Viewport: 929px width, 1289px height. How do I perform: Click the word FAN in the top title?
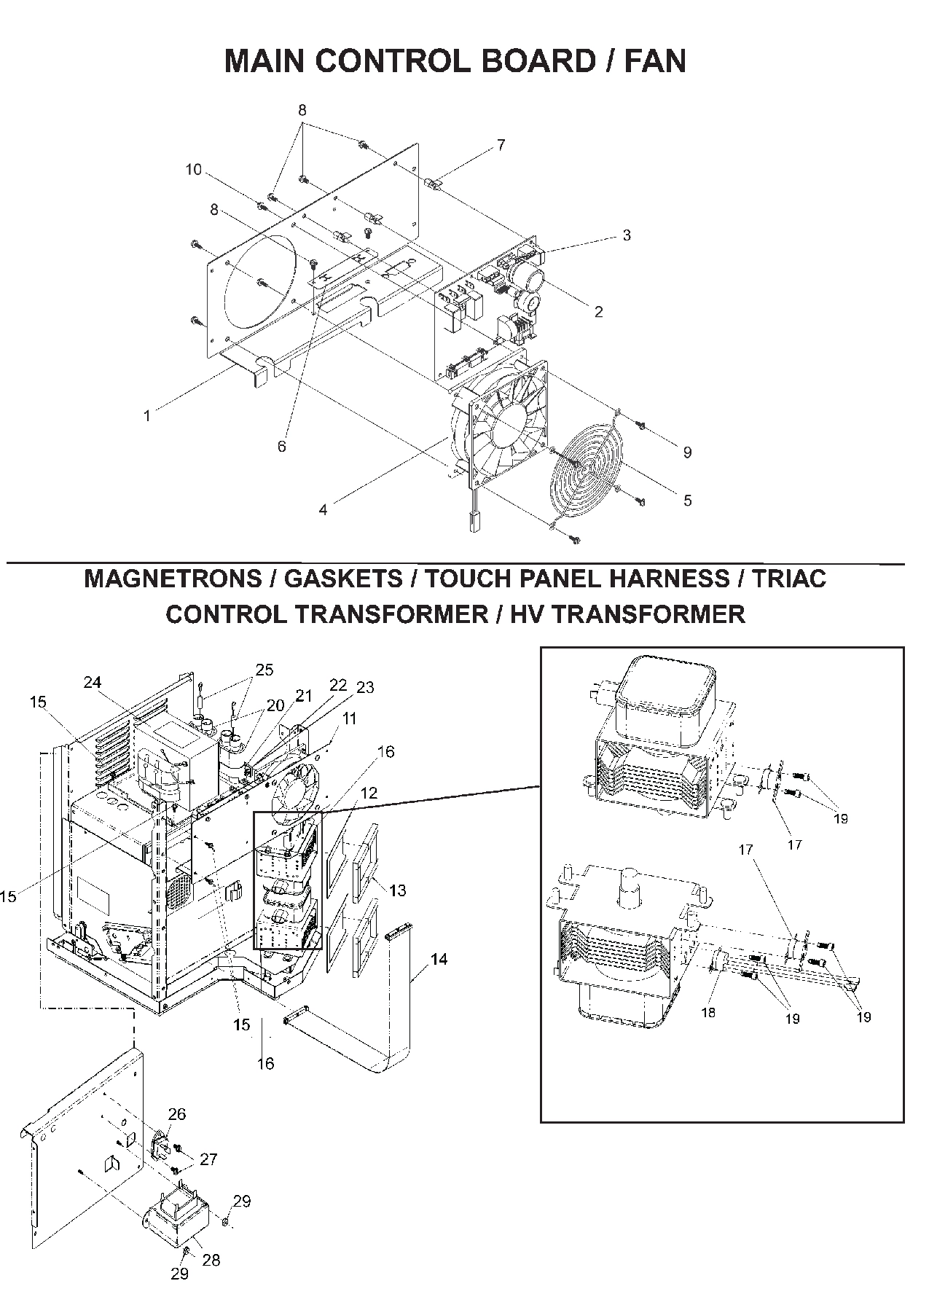(x=655, y=61)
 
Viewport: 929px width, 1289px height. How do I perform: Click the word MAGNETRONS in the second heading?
(x=172, y=579)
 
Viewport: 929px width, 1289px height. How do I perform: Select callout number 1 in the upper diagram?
(x=147, y=416)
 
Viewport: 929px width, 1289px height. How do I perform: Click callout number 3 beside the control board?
(x=626, y=235)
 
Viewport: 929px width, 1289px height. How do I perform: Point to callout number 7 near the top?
(x=501, y=145)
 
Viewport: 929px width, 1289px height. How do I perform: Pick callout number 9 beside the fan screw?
(x=686, y=452)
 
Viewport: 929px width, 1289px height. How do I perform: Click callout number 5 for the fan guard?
(x=687, y=501)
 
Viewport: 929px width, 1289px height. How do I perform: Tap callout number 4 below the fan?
(x=323, y=510)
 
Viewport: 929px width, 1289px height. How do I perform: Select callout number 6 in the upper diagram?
(x=282, y=447)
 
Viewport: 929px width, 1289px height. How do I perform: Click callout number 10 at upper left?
(x=193, y=170)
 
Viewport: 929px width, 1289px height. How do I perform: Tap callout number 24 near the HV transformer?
(x=92, y=682)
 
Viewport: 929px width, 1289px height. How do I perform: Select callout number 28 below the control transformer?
(x=211, y=1260)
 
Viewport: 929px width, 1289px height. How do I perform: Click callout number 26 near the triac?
(x=177, y=1114)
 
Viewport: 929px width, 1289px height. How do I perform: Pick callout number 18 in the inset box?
(x=708, y=1013)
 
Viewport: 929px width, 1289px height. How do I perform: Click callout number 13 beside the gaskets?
(x=398, y=890)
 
